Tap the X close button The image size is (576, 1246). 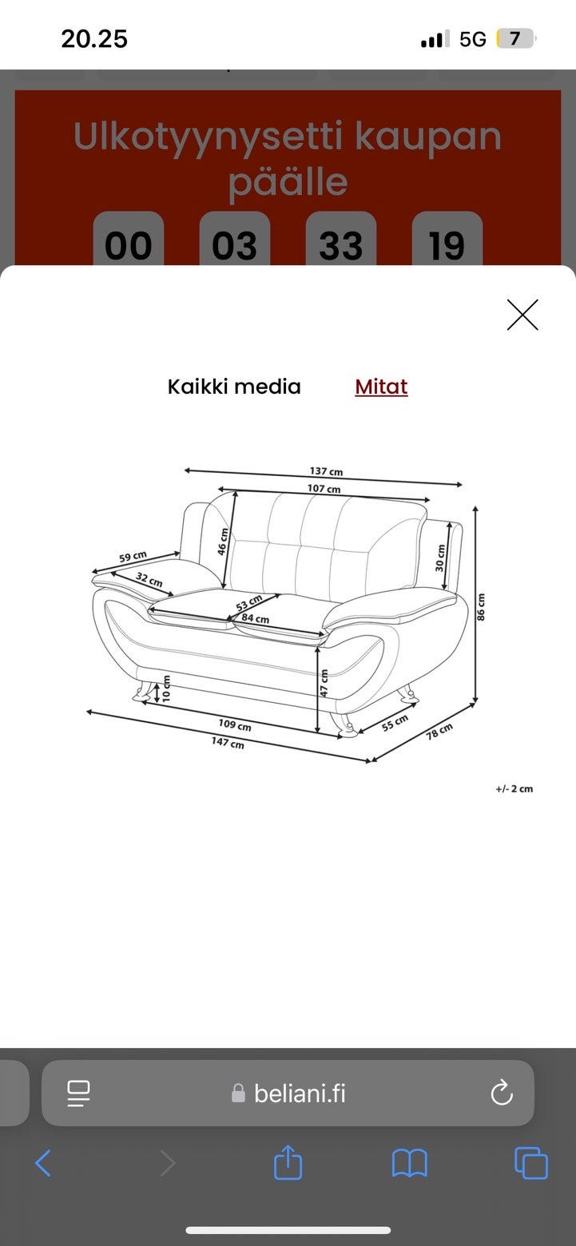pyautogui.click(x=522, y=315)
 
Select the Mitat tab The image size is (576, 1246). pyautogui.click(x=381, y=387)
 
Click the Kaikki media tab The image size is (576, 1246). pyautogui.click(x=234, y=387)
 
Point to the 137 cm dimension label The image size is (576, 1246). pyautogui.click(x=326, y=471)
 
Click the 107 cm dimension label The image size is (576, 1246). pyautogui.click(x=324, y=488)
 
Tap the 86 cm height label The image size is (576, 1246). pyautogui.click(x=482, y=607)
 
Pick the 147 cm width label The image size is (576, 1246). pyautogui.click(x=228, y=742)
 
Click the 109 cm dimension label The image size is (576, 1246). pyautogui.click(x=235, y=724)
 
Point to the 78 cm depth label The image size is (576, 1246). pyautogui.click(x=439, y=731)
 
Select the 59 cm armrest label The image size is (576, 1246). pyautogui.click(x=133, y=556)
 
